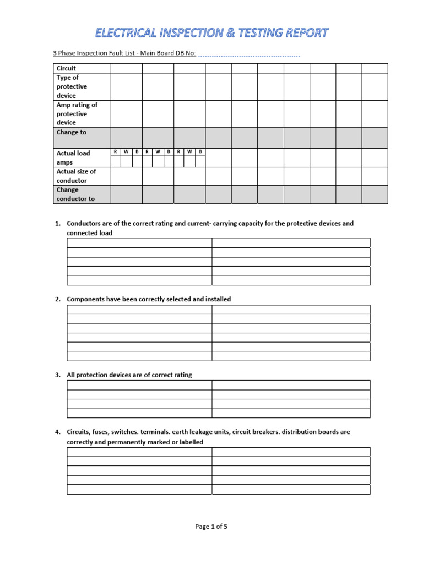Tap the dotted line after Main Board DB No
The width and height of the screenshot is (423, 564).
tap(248, 55)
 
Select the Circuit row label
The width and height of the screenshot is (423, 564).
tap(66, 68)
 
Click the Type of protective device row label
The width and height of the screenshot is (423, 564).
tap(72, 86)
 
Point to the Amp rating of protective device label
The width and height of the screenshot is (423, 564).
tap(77, 113)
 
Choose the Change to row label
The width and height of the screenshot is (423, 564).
tap(71, 132)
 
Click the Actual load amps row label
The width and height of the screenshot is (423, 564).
tap(73, 158)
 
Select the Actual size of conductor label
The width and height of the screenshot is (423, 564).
tap(76, 176)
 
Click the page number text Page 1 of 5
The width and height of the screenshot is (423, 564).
tap(211, 527)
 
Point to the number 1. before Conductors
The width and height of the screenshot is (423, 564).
tap(57, 224)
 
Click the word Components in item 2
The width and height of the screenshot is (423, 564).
tap(84, 299)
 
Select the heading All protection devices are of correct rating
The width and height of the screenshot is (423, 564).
tap(129, 375)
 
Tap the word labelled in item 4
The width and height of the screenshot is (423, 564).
tap(189, 442)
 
